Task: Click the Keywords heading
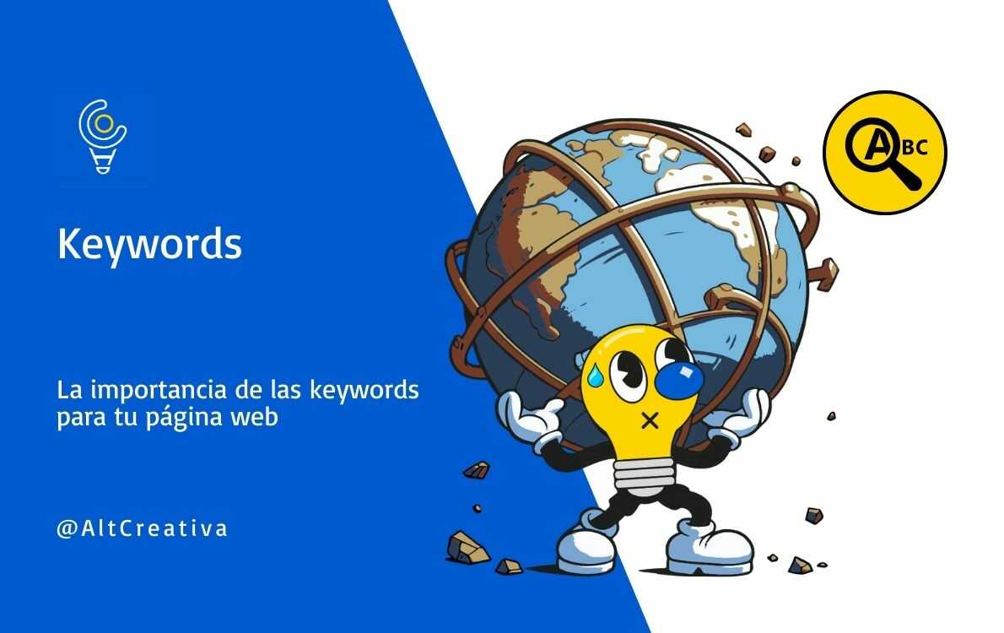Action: (x=149, y=244)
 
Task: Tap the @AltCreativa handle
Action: (x=142, y=529)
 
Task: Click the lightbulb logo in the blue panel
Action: (x=103, y=138)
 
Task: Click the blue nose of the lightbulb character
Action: (x=679, y=378)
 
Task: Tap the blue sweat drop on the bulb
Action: (x=596, y=377)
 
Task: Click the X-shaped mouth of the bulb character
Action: (x=650, y=419)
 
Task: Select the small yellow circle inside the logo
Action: (x=103, y=124)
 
